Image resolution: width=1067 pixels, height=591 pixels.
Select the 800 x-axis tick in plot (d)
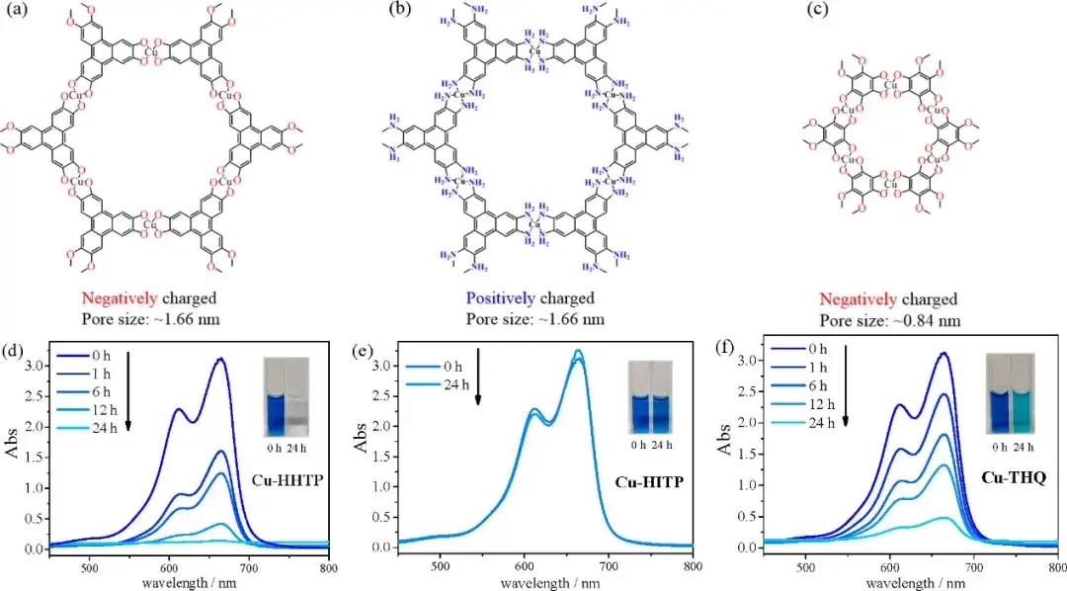(329, 567)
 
